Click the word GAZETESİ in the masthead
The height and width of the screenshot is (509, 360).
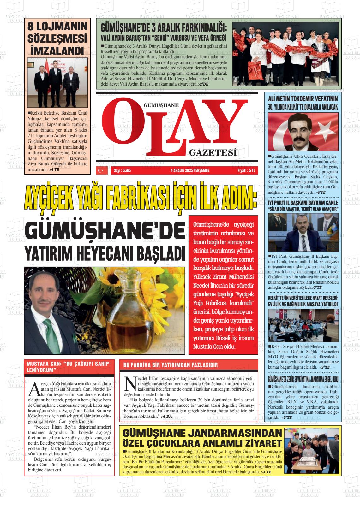click(213, 153)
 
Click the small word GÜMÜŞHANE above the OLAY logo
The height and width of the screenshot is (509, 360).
click(161, 105)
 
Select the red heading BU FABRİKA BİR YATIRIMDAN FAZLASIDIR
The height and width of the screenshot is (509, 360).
click(171, 365)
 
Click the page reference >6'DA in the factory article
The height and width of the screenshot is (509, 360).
click(166, 417)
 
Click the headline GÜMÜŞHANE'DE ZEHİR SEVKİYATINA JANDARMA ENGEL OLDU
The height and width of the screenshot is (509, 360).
click(303, 378)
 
